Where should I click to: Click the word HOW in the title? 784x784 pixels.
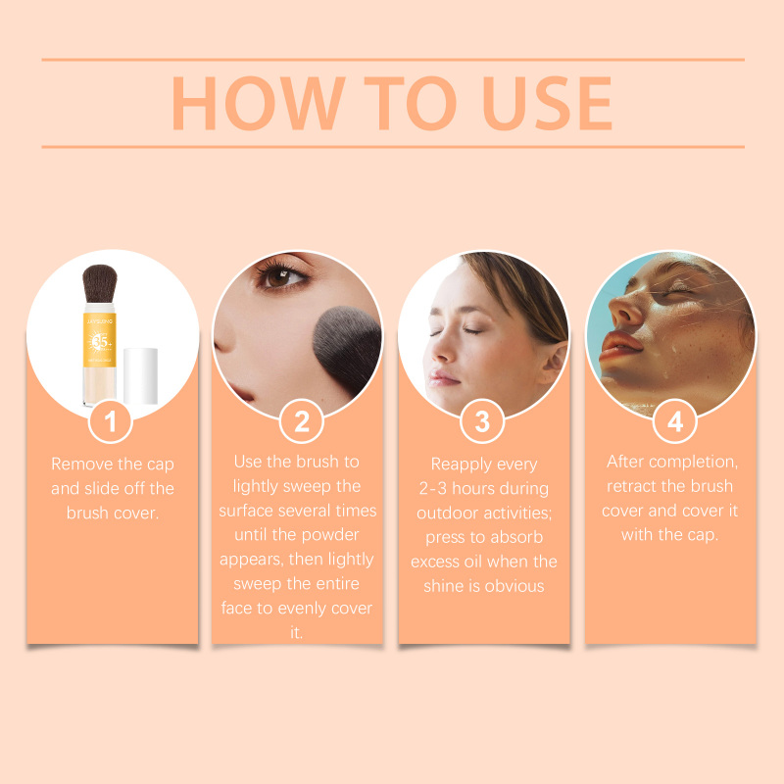point(259,104)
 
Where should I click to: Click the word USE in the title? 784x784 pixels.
point(548,104)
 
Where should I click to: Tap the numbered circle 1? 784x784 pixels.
point(111,421)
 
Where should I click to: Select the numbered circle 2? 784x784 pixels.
point(302,421)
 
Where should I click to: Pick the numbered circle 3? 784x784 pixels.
point(482,421)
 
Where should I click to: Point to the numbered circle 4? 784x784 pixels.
point(674,421)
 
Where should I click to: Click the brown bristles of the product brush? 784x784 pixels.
point(100,283)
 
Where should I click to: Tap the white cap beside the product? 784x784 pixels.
point(140,376)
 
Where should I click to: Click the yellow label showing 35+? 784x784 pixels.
point(100,340)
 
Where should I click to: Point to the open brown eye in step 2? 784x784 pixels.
point(281,276)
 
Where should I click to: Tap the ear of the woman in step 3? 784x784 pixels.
point(556,362)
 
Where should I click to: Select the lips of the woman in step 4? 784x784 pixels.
point(619,346)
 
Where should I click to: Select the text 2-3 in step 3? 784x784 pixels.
point(433,488)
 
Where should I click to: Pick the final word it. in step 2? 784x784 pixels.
point(297,632)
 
